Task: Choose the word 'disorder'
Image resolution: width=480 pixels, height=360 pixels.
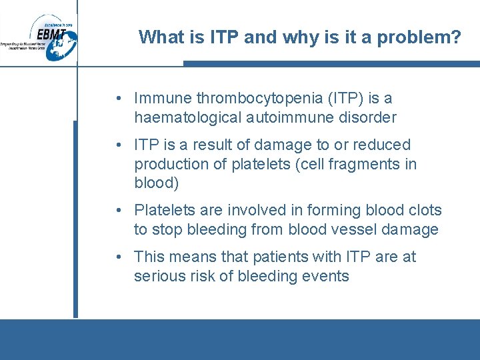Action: pyautogui.click(x=369, y=118)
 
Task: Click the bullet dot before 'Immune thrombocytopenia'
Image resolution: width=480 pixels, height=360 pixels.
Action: pyautogui.click(x=117, y=99)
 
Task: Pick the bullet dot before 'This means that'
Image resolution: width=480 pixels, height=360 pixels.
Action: pyautogui.click(x=117, y=257)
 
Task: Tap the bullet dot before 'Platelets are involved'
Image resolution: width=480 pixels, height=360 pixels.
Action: pyautogui.click(x=117, y=211)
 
